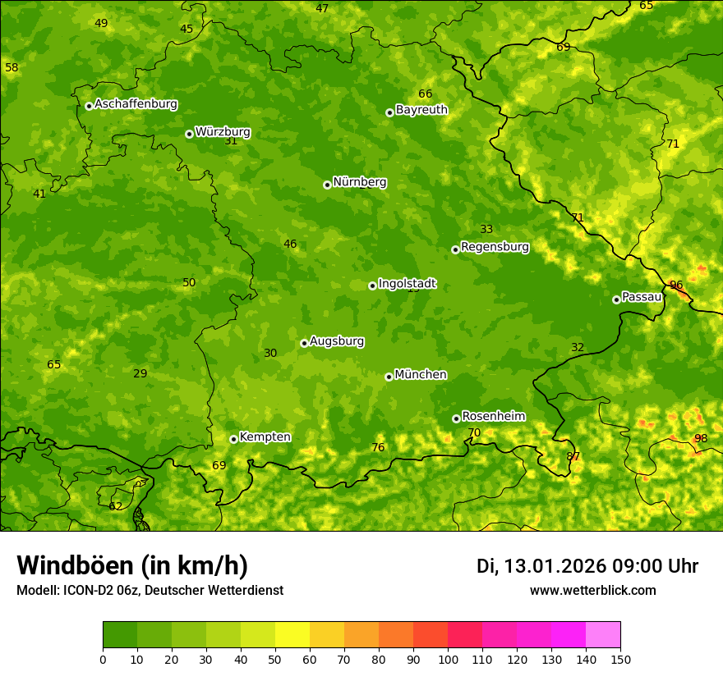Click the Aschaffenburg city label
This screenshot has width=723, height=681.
tap(136, 104)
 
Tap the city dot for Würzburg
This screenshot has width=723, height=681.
tap(189, 134)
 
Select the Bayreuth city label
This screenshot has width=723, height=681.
tap(421, 109)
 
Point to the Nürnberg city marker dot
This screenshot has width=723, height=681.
tap(327, 185)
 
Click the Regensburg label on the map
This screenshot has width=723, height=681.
tap(495, 246)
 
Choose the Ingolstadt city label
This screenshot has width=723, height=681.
tap(407, 283)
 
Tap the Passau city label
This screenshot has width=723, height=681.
tap(642, 296)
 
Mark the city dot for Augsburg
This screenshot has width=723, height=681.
tap(304, 343)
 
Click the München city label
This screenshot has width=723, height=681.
tap(421, 374)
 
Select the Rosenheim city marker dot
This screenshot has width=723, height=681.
tap(456, 418)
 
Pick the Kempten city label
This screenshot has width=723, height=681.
tap(265, 436)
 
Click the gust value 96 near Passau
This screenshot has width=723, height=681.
tap(676, 286)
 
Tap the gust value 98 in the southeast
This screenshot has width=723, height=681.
tap(701, 438)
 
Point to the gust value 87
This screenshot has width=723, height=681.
tap(573, 456)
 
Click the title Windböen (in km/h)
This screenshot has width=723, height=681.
tap(132, 565)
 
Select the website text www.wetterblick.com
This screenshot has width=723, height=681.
tap(592, 590)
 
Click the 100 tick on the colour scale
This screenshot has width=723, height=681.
tap(448, 659)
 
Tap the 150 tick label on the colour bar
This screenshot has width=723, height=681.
tap(620, 659)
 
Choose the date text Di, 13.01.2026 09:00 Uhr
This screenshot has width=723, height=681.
tap(587, 566)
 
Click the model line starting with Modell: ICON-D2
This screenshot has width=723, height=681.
tap(150, 590)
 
